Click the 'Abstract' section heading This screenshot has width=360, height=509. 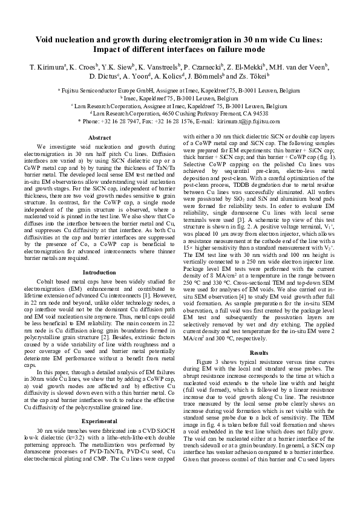click(99, 138)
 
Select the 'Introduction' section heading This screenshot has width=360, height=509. click(99, 273)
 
